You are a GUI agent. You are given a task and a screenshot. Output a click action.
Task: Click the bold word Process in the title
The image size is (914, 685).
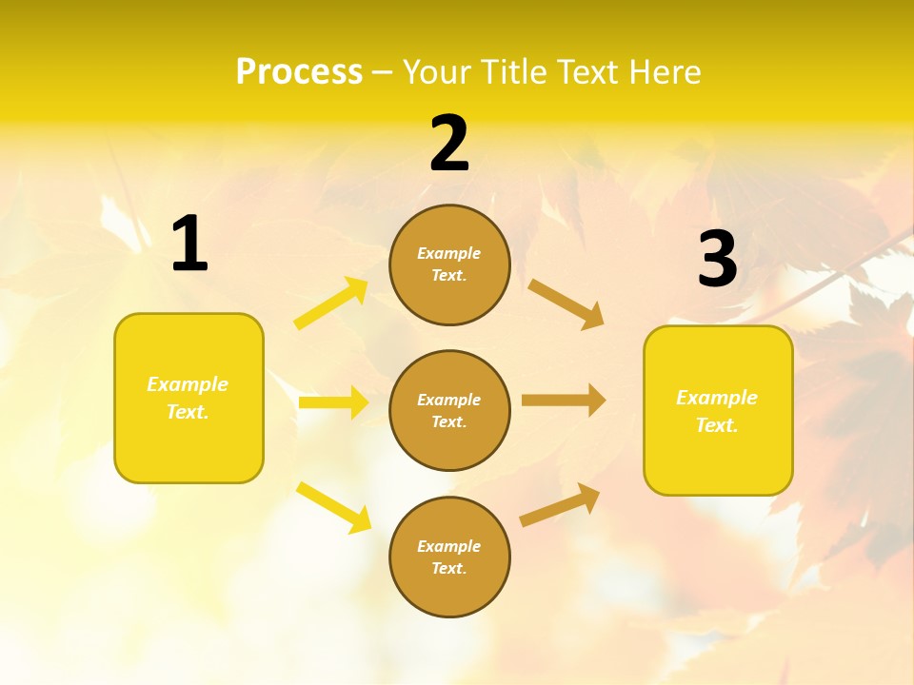pos(299,72)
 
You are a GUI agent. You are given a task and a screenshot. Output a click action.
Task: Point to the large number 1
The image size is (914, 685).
pos(189,245)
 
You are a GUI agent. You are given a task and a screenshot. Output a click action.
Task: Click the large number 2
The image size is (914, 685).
pos(449,144)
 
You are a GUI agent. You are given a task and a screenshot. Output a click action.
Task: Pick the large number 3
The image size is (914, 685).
pos(717,259)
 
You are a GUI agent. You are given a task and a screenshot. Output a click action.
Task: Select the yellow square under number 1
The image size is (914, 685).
pos(189,398)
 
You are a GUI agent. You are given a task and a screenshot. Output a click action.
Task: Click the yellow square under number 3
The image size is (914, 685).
pos(718,410)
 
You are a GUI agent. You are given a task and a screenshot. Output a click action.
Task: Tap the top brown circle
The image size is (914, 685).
pos(449,264)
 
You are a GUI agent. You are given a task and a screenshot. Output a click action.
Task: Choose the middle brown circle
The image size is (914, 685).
pos(449,410)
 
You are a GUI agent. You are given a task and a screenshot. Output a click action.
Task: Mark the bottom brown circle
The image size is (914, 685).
pos(449,557)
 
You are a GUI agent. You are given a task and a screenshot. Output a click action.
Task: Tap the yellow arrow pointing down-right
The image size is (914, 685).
pos(334,507)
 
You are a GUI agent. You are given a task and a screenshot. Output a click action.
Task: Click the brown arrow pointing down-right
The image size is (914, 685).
pos(566,303)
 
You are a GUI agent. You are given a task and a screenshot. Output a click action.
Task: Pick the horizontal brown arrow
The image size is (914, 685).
pos(564,400)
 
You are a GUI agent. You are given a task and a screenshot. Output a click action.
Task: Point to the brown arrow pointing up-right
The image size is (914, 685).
pos(561,504)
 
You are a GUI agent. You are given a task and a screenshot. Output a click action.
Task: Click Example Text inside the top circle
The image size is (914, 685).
pos(449,264)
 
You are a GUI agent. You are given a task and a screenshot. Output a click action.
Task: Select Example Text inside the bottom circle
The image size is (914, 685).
pos(449,557)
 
